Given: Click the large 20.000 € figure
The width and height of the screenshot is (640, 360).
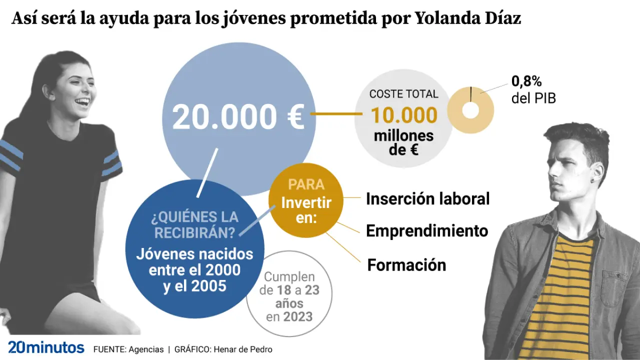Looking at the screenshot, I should pyautogui.click(x=238, y=117).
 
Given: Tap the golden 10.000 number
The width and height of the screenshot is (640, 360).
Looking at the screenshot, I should pyautogui.click(x=404, y=115).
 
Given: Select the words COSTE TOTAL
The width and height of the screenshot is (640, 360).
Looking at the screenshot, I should pyautogui.click(x=403, y=94).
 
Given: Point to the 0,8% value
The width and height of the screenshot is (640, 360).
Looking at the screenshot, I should pyautogui.click(x=526, y=81).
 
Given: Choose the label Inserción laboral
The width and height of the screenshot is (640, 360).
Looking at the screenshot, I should pyautogui.click(x=427, y=198).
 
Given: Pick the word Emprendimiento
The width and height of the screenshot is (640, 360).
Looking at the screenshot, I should pyautogui.click(x=427, y=231).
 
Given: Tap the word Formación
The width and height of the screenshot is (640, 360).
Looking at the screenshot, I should pyautogui.click(x=406, y=265).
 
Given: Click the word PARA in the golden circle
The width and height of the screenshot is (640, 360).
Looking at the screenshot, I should pyautogui.click(x=306, y=184).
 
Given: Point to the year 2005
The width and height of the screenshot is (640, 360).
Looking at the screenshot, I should pyautogui.click(x=207, y=286).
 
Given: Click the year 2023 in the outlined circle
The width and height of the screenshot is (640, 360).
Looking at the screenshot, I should pyautogui.click(x=298, y=316).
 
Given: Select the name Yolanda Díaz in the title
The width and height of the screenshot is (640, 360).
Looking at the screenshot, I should pyautogui.click(x=468, y=18).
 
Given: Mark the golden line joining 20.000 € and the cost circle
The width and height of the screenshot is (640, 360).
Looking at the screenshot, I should pyautogui.click(x=336, y=114).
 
